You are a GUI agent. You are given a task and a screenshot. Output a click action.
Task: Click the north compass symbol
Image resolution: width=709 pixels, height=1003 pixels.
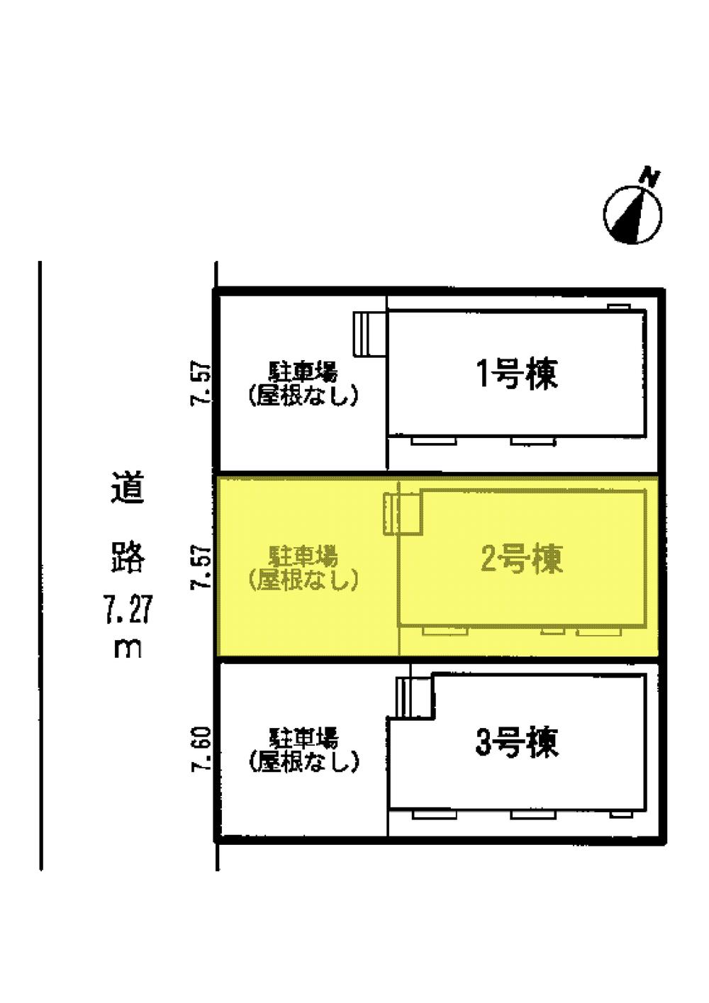click(x=632, y=214)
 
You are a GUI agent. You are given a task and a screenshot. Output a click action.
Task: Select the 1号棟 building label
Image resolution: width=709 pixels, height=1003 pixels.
click(x=517, y=374)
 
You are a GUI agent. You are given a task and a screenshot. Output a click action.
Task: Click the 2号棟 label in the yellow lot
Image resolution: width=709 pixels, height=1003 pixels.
click(x=521, y=559)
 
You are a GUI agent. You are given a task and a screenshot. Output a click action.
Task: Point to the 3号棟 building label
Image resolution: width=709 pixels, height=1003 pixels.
click(x=517, y=742)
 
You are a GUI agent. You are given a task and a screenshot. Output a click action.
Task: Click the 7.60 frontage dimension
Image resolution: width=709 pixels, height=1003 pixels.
click(x=202, y=750)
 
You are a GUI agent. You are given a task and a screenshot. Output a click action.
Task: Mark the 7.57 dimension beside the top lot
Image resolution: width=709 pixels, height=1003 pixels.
click(x=202, y=383)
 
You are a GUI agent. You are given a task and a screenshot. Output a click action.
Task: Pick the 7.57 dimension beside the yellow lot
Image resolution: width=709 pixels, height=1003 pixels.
click(x=202, y=567)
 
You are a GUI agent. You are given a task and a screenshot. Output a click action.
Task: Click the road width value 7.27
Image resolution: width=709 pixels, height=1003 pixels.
click(x=128, y=610)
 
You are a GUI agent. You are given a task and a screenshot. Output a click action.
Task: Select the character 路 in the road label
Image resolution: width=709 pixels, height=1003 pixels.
click(x=128, y=556)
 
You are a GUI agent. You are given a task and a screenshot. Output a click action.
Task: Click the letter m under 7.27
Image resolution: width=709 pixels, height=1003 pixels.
click(x=128, y=649)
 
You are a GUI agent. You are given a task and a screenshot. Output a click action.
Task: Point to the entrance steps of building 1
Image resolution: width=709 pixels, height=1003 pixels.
click(x=369, y=333)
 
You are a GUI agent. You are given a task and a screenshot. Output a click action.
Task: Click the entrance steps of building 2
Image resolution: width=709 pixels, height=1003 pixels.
click(x=402, y=513)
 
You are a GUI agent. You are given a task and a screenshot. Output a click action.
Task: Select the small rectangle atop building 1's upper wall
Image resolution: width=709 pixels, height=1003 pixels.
click(x=618, y=306)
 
